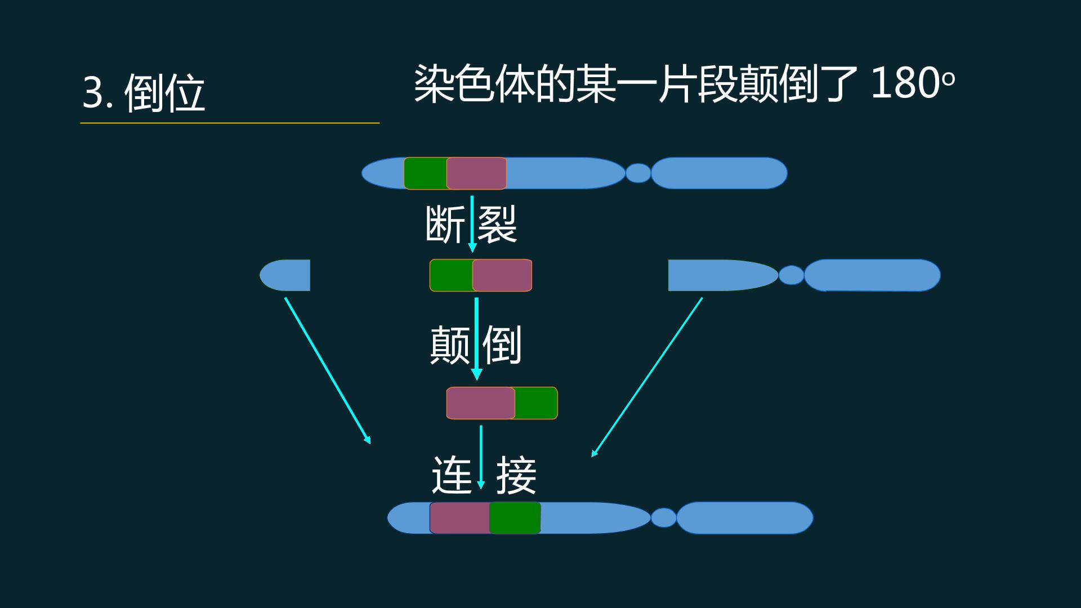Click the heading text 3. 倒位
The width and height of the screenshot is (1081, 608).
click(144, 92)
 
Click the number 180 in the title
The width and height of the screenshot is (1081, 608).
click(905, 83)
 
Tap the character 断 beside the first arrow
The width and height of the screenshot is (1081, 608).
click(445, 224)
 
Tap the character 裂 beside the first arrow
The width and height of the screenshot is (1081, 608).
click(497, 224)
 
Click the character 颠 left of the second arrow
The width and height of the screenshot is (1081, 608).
click(449, 345)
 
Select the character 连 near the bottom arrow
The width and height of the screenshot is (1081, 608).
click(452, 475)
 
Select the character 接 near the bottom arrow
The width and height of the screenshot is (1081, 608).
click(516, 475)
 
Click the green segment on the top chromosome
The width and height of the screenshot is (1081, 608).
click(426, 173)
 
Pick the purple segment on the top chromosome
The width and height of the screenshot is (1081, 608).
click(476, 173)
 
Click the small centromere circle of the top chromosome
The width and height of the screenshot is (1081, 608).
click(638, 173)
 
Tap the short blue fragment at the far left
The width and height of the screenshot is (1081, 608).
click(285, 275)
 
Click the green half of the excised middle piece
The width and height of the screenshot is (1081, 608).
click(452, 275)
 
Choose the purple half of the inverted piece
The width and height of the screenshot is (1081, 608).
click(481, 403)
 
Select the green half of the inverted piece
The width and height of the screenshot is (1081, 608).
click(536, 403)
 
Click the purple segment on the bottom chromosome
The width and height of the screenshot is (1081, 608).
click(460, 518)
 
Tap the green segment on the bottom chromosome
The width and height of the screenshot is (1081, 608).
click(515, 518)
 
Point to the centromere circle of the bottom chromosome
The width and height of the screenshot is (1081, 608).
click(664, 518)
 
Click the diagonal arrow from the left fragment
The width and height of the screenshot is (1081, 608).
click(328, 370)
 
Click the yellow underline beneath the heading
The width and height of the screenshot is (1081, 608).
click(230, 123)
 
